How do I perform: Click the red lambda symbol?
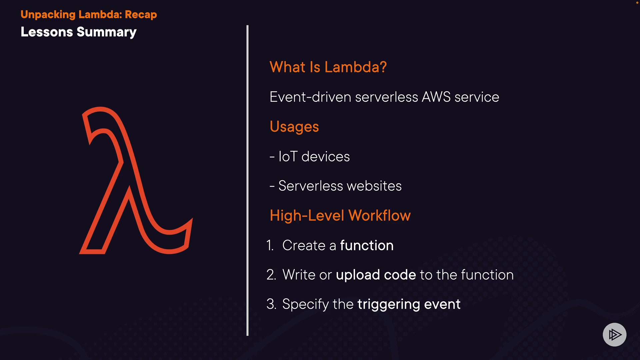tap(136, 180)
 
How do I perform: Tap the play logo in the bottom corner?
tap(614, 335)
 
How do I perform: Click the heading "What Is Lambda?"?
tap(328, 67)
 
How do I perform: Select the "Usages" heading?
tap(294, 127)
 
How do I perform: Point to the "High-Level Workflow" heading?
tap(340, 215)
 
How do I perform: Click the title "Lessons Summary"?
tap(79, 32)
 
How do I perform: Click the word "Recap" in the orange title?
tap(141, 14)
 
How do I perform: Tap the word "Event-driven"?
tap(310, 97)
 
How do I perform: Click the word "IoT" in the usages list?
tap(288, 156)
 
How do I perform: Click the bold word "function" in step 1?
tap(367, 245)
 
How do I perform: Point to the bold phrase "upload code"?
tap(376, 275)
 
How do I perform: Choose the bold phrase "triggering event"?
tap(409, 304)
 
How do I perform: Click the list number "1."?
tap(270, 245)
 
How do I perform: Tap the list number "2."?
tap(271, 275)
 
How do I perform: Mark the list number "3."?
tap(271, 304)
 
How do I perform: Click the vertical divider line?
tap(247, 180)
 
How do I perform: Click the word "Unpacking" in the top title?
tap(48, 14)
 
